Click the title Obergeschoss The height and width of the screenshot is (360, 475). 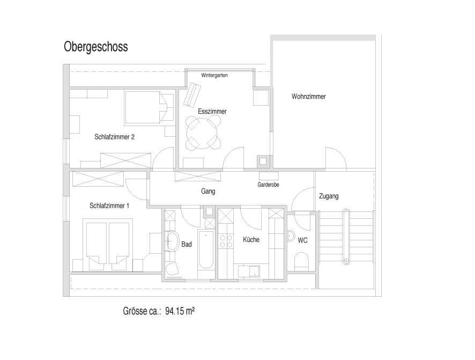(96, 47)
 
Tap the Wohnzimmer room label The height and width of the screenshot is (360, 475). (308, 97)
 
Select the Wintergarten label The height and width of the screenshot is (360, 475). (214, 76)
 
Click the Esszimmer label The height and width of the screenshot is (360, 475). (212, 112)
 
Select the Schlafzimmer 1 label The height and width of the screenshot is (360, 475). (109, 205)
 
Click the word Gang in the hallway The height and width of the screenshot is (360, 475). (208, 191)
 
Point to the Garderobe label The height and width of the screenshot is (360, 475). (268, 185)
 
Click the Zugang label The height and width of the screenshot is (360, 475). (328, 196)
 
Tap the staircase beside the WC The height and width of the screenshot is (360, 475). (346, 237)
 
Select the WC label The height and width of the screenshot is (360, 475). (303, 241)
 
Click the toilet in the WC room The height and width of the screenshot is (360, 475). (301, 261)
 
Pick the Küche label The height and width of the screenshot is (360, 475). (251, 240)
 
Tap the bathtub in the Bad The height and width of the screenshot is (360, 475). (206, 249)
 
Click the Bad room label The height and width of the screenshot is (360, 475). (187, 244)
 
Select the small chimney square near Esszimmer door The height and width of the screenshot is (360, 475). (263, 160)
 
